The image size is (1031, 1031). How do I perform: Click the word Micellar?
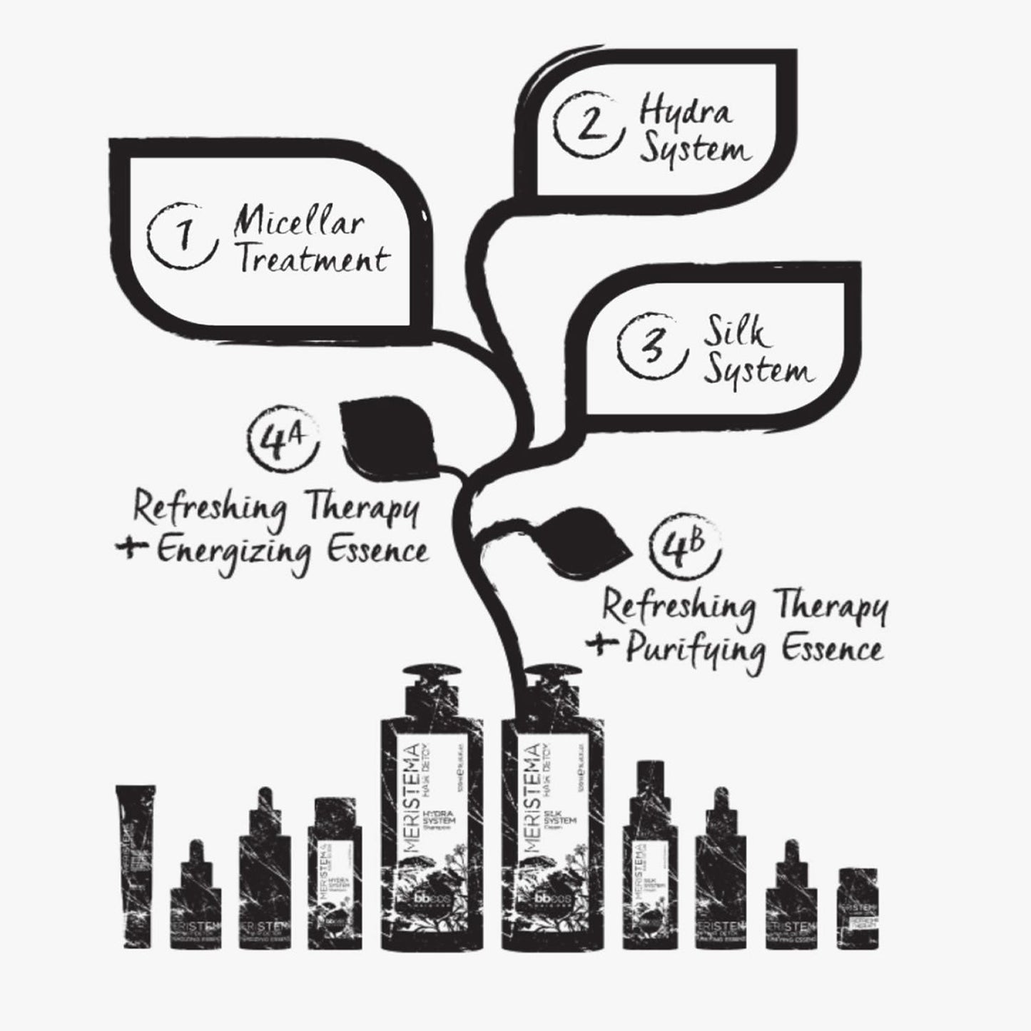(x=300, y=223)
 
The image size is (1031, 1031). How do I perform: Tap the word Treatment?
(x=313, y=259)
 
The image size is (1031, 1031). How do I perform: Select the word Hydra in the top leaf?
(x=685, y=113)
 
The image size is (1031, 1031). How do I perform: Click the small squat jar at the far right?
(x=857, y=908)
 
